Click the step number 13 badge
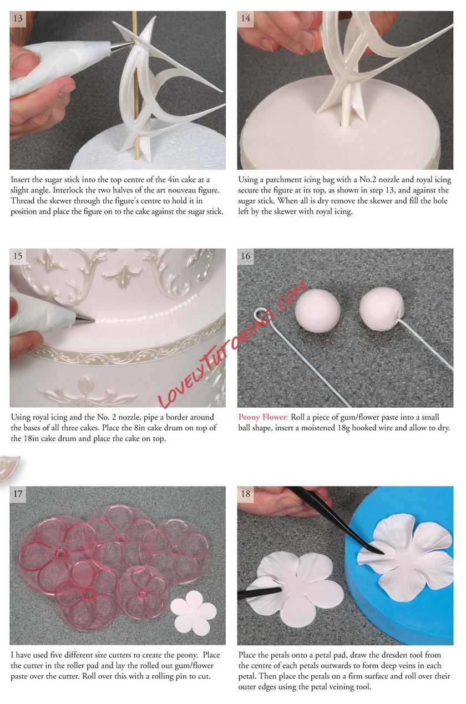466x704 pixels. point(18,18)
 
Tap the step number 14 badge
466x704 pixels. point(245,18)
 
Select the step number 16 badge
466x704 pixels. point(245,256)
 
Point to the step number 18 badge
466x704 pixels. point(245,494)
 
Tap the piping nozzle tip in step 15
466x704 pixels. point(94,321)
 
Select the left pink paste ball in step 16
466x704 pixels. point(317,309)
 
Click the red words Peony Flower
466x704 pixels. point(263,417)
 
